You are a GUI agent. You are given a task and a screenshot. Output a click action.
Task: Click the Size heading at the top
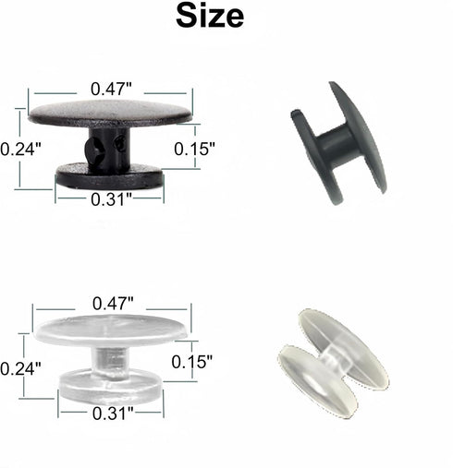click(x=210, y=16)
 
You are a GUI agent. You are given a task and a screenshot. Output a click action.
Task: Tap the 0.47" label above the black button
click(x=111, y=89)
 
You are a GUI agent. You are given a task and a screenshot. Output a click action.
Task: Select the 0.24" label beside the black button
click(x=20, y=150)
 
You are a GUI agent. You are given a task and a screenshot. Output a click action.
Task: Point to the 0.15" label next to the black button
click(x=194, y=149)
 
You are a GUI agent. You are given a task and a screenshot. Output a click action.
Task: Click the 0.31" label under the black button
click(x=111, y=199)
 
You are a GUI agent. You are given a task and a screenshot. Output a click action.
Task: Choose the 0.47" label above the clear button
click(x=113, y=304)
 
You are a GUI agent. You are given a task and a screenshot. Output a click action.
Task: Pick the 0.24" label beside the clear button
click(x=20, y=368)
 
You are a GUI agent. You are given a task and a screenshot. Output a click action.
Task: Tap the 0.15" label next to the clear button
click(x=192, y=362)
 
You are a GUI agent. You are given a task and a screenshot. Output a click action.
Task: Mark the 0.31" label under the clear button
click(x=113, y=414)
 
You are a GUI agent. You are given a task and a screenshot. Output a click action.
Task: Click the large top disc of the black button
click(x=110, y=114)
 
